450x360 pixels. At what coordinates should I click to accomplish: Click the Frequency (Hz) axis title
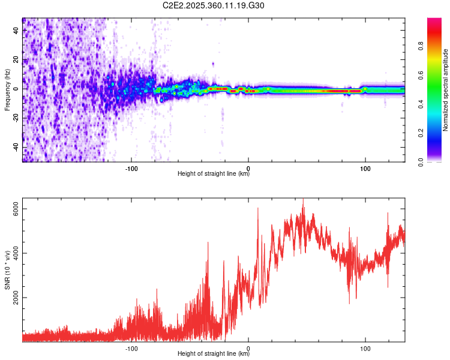pos(7,90)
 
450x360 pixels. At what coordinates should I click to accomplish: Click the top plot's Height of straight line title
pos(214,174)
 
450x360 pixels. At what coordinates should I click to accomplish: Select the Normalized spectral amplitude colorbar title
pos(445,90)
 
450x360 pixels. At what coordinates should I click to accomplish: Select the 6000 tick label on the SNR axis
pos(16,208)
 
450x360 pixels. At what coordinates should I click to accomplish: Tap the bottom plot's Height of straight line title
pos(214,354)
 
